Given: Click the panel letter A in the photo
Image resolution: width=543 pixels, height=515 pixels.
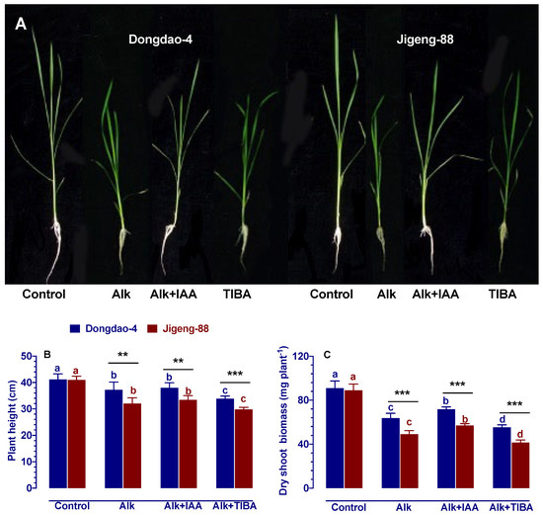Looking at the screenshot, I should point(21,25).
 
